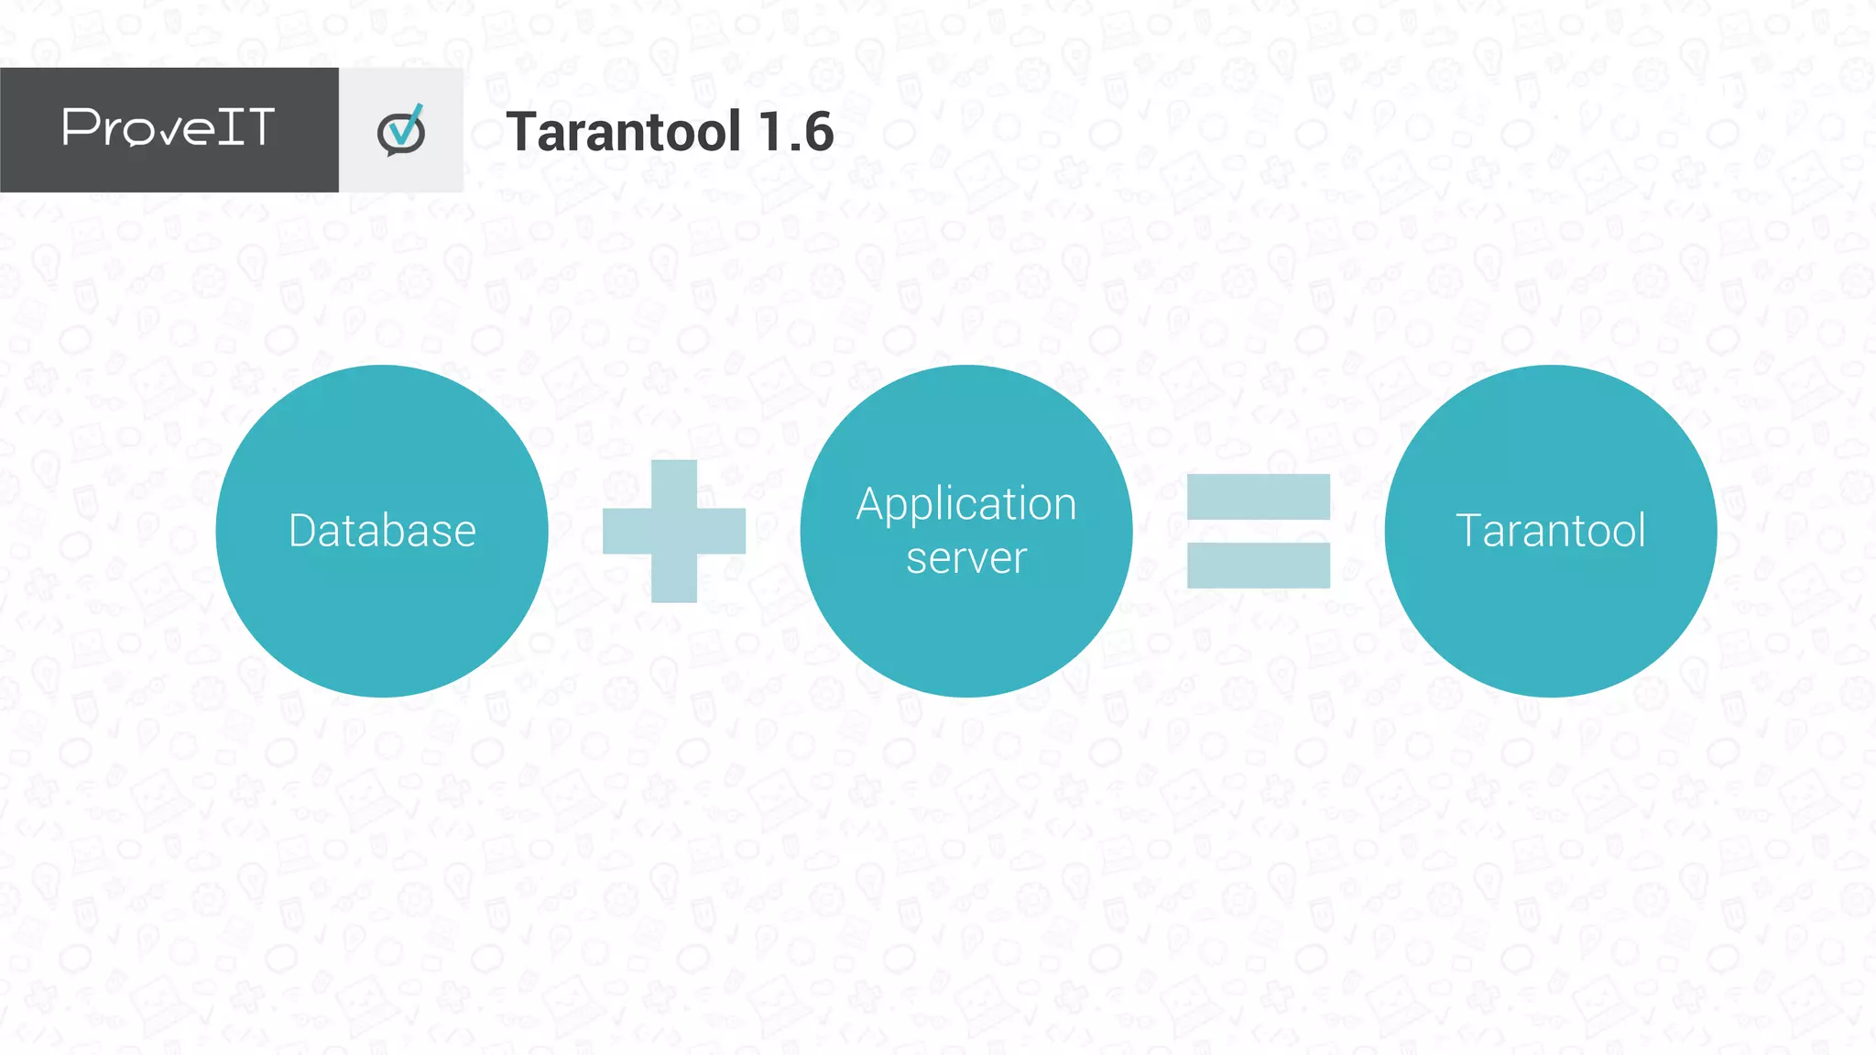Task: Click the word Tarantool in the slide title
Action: point(623,131)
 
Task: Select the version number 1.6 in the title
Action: point(796,131)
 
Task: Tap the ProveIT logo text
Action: point(169,127)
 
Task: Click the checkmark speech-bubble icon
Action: point(401,131)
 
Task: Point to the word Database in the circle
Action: point(382,531)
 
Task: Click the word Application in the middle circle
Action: point(965,504)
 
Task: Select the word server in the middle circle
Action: point(965,558)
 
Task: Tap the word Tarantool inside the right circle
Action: point(1550,531)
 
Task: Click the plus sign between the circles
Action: point(674,531)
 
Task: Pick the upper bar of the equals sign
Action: point(1258,497)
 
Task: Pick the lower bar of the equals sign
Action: point(1258,565)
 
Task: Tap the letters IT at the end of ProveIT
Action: point(245,126)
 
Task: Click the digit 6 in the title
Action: point(817,131)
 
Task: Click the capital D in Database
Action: point(303,531)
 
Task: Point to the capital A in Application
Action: point(869,504)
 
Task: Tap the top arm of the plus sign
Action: point(674,481)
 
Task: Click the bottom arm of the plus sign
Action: point(674,579)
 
